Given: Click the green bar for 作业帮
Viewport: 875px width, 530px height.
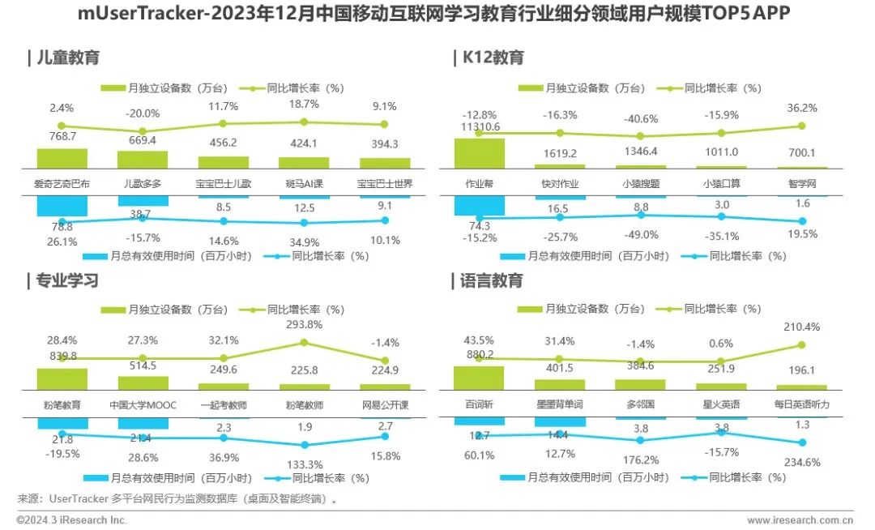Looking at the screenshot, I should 479,154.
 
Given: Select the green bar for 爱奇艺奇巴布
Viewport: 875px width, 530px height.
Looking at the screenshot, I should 62,159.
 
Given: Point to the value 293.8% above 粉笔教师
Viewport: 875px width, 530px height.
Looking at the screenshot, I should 305,324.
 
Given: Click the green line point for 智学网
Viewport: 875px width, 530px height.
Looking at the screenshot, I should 802,126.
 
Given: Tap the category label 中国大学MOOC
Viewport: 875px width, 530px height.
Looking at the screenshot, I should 143,404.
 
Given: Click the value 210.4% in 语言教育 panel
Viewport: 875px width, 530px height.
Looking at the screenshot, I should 802,327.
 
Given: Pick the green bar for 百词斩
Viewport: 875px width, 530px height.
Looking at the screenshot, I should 479,378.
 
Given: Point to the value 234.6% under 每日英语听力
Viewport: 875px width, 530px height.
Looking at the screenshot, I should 802,463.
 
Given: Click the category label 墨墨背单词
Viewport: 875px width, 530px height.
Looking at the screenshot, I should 559,404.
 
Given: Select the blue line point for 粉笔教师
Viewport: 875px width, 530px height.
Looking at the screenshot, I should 305,444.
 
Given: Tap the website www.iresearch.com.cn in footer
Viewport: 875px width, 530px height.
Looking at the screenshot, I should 800,519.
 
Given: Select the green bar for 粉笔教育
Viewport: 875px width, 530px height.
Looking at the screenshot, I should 62,379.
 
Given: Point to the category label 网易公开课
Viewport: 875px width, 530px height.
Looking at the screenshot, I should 385,404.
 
